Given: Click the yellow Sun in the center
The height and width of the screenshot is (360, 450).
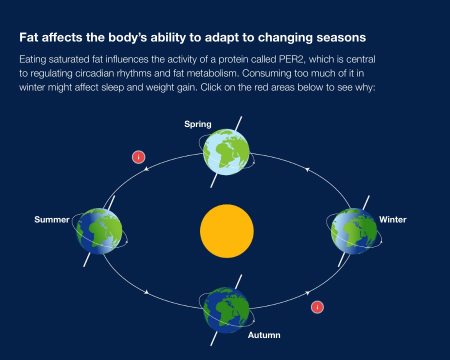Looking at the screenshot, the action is click(x=226, y=231).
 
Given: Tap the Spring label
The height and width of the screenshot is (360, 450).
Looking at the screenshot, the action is click(x=197, y=124).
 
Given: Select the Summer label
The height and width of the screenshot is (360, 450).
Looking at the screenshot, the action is click(x=52, y=219).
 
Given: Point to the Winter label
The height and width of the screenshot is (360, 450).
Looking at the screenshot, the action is click(x=393, y=219).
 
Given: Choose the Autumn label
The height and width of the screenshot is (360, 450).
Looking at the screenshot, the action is click(x=264, y=335).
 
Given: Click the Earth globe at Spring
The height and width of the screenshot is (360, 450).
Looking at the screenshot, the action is click(x=226, y=152).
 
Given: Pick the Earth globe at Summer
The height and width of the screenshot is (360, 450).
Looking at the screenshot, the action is click(x=99, y=231).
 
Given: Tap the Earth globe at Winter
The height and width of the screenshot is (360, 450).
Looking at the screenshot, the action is click(x=354, y=231).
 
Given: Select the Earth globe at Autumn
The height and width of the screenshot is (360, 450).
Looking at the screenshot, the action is click(x=226, y=310).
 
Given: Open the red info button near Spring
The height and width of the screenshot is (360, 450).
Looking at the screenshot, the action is click(x=138, y=157).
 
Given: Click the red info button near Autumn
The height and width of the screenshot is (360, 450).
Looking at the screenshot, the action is click(x=317, y=307).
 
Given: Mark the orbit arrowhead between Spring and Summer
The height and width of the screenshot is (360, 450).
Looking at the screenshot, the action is click(x=146, y=169).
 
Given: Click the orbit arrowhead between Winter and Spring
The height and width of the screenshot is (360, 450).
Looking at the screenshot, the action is click(x=307, y=169).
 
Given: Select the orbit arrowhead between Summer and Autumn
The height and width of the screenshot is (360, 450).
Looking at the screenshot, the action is click(x=146, y=292).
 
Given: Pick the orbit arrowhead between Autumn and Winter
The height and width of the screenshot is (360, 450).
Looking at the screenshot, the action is click(x=307, y=293).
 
